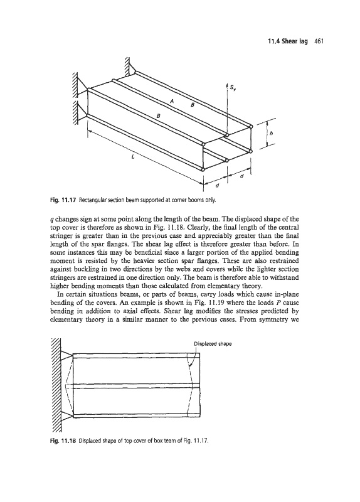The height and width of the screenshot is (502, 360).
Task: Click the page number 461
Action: tap(320, 41)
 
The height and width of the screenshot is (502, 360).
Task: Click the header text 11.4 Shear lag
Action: tap(287, 41)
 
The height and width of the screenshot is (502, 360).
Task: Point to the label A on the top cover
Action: tap(172, 101)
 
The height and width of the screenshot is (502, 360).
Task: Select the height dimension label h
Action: tap(272, 133)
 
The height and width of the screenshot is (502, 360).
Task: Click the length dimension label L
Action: tap(133, 157)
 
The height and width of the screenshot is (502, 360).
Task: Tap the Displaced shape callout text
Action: tap(213, 344)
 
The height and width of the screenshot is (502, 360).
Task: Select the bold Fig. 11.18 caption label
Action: tap(62, 441)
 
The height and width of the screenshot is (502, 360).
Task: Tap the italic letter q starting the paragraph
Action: tap(52, 220)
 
